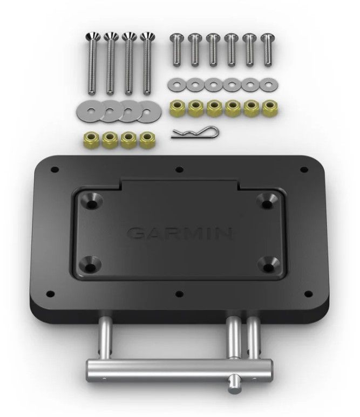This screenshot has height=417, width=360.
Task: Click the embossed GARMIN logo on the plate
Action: (180, 233)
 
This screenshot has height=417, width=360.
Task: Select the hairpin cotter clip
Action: (195, 132)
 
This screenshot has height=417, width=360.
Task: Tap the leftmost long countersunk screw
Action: (92, 62)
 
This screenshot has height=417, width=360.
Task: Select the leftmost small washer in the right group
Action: (175, 84)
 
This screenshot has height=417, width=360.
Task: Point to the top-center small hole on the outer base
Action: (179, 170)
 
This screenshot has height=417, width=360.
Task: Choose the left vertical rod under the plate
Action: (105, 337)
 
